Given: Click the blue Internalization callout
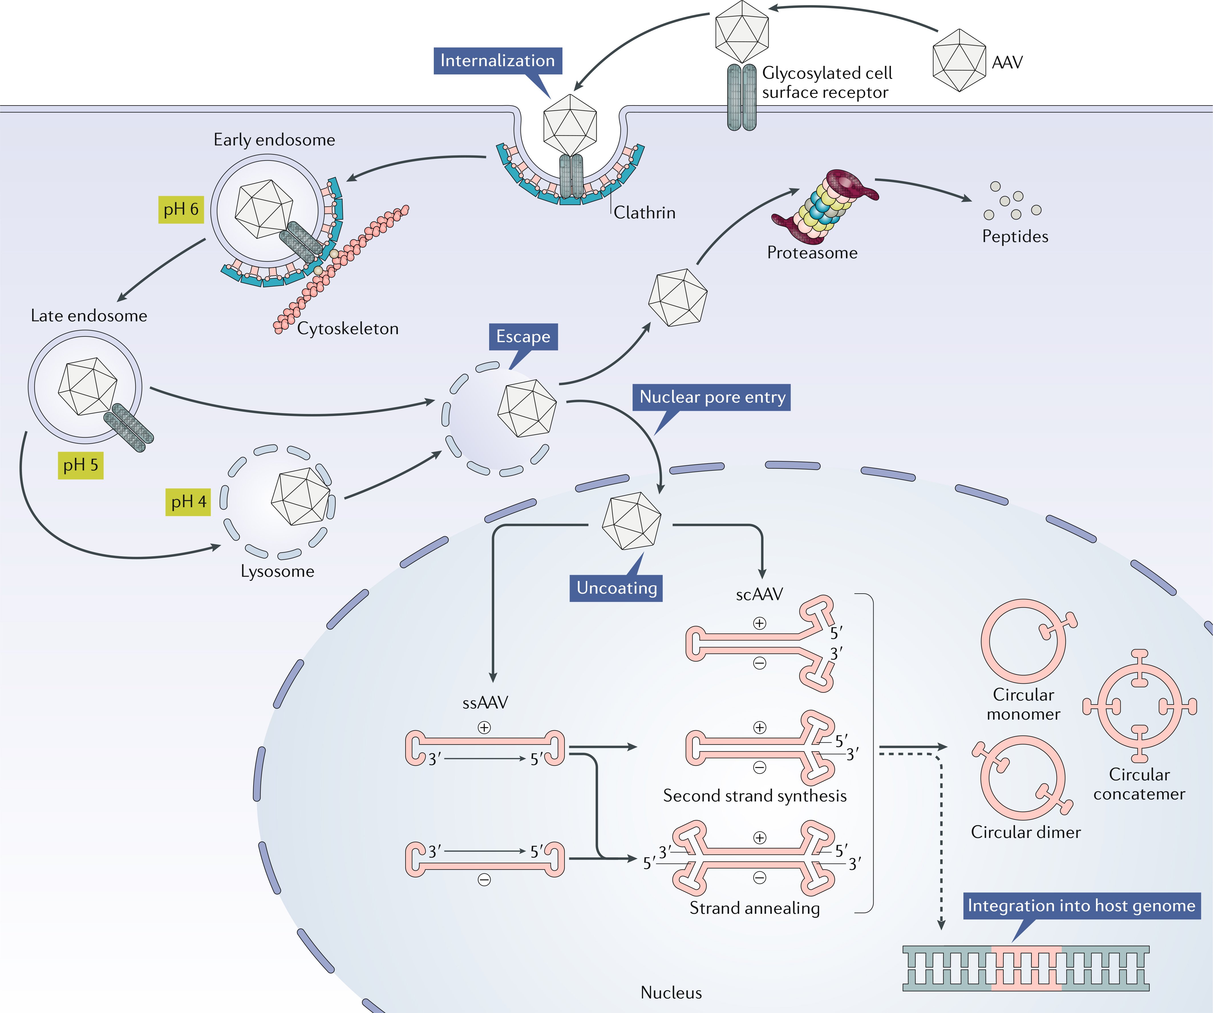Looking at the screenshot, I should click(x=497, y=61).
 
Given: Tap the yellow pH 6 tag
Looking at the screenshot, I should click(x=181, y=209).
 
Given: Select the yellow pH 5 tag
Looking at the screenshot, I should click(x=80, y=465).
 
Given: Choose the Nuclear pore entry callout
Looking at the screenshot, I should click(x=712, y=397).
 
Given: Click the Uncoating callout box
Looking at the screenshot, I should click(x=616, y=588).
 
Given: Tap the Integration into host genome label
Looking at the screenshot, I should click(x=1081, y=906).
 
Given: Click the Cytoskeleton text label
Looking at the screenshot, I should click(x=348, y=329).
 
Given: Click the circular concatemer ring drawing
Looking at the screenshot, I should click(x=1139, y=706).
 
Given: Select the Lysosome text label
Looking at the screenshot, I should click(x=277, y=571).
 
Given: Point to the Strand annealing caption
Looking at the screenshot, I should click(x=754, y=908).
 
